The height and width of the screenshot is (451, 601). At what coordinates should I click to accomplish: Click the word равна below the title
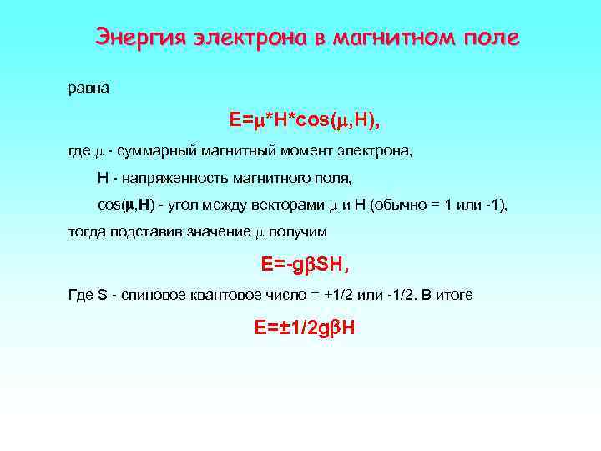(x=88, y=87)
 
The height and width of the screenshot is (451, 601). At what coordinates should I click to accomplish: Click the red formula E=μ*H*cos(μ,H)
(x=305, y=121)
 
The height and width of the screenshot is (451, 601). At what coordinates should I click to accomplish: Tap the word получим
(x=300, y=231)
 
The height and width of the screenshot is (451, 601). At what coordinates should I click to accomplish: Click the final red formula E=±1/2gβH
(x=305, y=328)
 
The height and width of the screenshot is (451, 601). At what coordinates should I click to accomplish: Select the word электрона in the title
(x=250, y=38)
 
